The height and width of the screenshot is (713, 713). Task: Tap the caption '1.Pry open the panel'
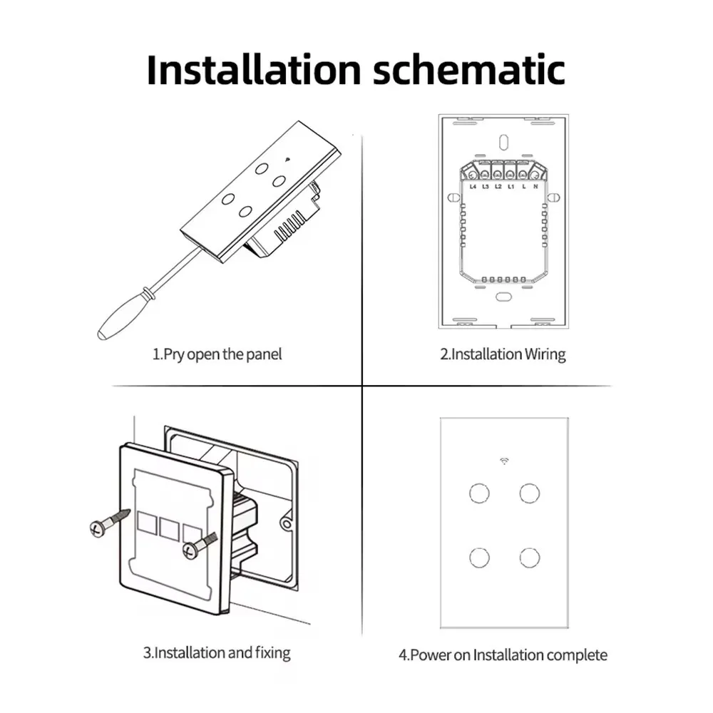click(217, 354)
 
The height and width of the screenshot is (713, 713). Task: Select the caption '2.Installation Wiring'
click(502, 354)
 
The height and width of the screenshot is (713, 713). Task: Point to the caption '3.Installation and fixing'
click(217, 652)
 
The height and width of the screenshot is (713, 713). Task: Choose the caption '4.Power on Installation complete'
click(503, 655)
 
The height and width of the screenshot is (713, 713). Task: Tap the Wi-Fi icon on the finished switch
click(504, 461)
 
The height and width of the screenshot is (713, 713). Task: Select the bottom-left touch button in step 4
click(478, 557)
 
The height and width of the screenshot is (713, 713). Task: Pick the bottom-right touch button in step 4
click(529, 557)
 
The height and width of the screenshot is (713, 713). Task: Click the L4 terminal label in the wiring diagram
click(472, 186)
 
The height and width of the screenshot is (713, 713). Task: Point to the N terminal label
click(535, 186)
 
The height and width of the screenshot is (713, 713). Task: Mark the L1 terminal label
click(511, 186)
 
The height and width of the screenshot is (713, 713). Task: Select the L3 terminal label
click(485, 186)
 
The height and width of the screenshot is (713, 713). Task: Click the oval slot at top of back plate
click(503, 140)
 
